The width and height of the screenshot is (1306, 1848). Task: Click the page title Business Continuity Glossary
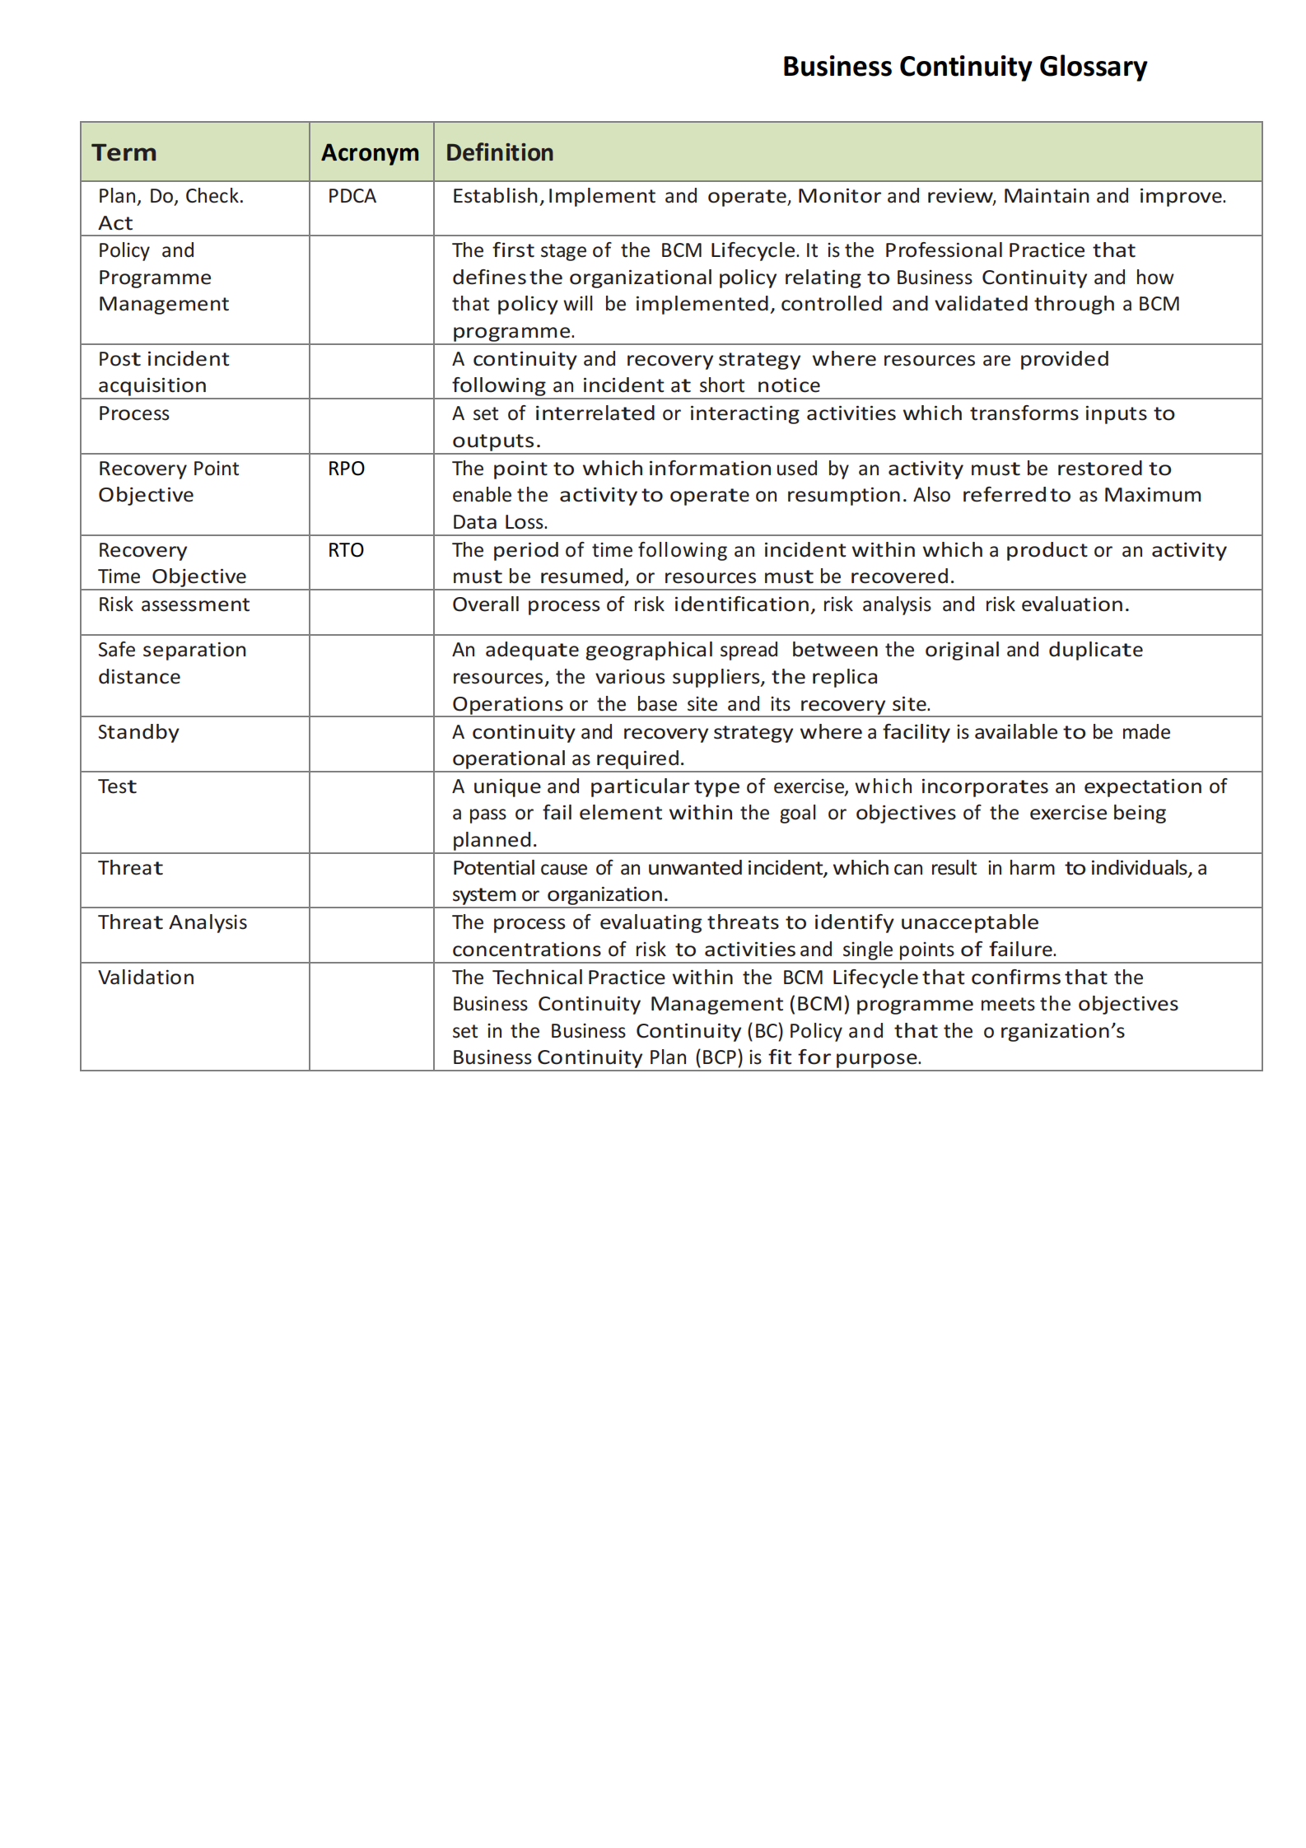(x=963, y=67)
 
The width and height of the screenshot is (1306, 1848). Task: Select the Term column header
(x=124, y=153)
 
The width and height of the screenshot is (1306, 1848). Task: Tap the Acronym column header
(x=370, y=153)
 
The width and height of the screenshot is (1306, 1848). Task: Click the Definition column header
(x=499, y=153)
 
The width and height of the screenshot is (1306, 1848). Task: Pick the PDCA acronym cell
(x=352, y=197)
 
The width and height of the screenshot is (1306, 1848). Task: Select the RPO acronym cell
(x=346, y=469)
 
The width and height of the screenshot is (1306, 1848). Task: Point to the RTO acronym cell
(x=346, y=550)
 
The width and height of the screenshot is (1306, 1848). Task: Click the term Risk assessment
(x=174, y=604)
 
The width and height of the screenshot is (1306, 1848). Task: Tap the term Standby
(x=138, y=732)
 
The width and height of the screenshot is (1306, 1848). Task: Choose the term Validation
(x=147, y=978)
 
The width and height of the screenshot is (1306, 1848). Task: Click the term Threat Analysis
(x=173, y=922)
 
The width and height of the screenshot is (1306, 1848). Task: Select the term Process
(x=134, y=413)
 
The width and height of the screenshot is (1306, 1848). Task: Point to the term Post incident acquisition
(x=163, y=372)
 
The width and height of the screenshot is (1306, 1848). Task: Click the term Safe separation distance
(x=171, y=663)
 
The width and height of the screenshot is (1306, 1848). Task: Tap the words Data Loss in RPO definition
(x=499, y=522)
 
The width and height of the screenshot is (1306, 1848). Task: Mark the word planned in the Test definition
(x=494, y=840)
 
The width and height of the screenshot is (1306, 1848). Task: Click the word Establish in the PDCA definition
(x=496, y=196)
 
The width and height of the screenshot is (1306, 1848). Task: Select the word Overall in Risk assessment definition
(x=486, y=604)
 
